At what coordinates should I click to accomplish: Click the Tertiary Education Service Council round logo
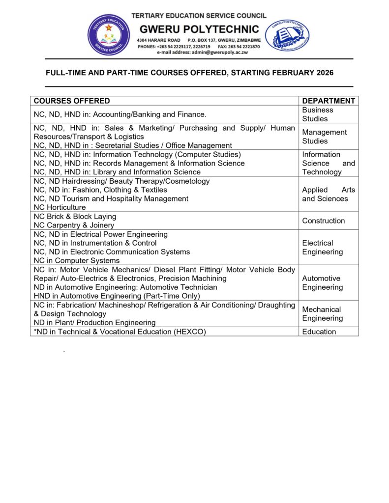pos(109,35)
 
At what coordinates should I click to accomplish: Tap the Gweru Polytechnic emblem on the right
pos(287,35)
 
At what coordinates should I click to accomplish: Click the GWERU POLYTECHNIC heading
pos(198,29)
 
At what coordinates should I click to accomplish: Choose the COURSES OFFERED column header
pos(72,101)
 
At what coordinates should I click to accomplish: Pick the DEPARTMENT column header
pos(329,101)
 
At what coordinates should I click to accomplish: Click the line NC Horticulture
pos(60,207)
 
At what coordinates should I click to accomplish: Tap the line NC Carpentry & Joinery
pos(74,225)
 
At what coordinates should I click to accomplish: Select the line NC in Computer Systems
pos(77,260)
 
